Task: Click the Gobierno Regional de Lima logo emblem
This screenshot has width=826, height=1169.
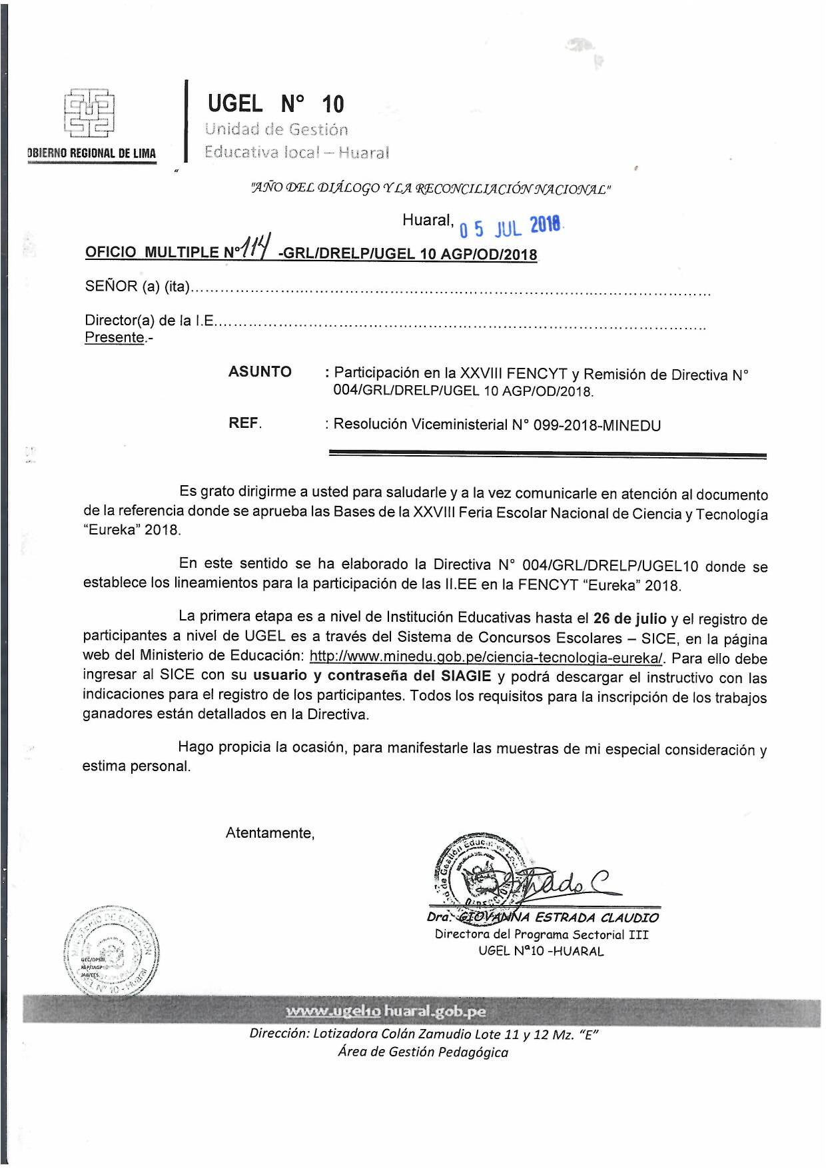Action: (x=89, y=113)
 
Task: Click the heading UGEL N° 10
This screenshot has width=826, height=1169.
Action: (x=276, y=104)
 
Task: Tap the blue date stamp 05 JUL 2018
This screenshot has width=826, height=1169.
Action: (x=510, y=227)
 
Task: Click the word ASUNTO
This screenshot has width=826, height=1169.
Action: (x=260, y=372)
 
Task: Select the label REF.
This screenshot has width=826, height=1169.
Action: (x=245, y=423)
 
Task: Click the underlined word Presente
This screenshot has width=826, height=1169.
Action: (x=115, y=337)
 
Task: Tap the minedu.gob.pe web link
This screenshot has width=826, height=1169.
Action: (x=486, y=657)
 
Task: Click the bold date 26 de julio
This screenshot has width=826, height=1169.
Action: (x=629, y=618)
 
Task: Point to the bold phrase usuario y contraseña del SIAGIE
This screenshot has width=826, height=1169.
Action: (x=372, y=676)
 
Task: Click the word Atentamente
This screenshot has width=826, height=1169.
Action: (x=270, y=832)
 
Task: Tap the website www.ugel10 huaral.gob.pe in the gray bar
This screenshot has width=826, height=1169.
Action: (x=386, y=1011)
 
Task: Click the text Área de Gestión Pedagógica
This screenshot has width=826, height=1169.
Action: (x=422, y=1052)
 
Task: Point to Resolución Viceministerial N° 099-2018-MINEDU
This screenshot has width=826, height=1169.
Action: (x=497, y=425)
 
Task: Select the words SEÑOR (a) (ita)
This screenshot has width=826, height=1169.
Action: (x=137, y=287)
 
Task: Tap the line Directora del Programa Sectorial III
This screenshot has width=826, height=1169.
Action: (x=541, y=934)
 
